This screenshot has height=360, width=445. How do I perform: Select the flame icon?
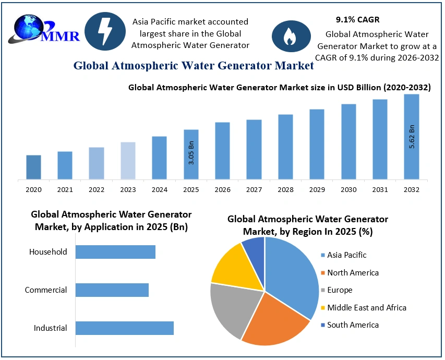click(x=288, y=35)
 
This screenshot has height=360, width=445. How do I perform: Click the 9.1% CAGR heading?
click(x=357, y=20)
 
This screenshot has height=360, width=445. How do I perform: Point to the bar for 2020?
click(x=33, y=167)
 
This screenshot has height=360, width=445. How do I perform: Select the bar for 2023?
click(x=128, y=161)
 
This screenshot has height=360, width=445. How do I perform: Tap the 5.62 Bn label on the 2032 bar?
click(x=412, y=137)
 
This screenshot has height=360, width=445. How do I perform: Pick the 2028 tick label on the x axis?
click(x=285, y=189)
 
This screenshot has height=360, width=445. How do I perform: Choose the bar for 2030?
click(x=348, y=141)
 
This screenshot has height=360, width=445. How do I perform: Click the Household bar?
click(x=115, y=252)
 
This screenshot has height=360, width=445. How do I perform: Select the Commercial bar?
click(x=112, y=290)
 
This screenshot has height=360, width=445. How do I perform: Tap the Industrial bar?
click(x=124, y=328)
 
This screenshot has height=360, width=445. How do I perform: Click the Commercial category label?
click(x=46, y=290)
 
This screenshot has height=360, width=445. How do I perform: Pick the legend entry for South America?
click(x=353, y=325)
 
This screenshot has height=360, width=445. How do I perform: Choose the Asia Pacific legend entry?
click(x=346, y=255)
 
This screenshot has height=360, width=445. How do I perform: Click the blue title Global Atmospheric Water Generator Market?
click(x=194, y=66)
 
